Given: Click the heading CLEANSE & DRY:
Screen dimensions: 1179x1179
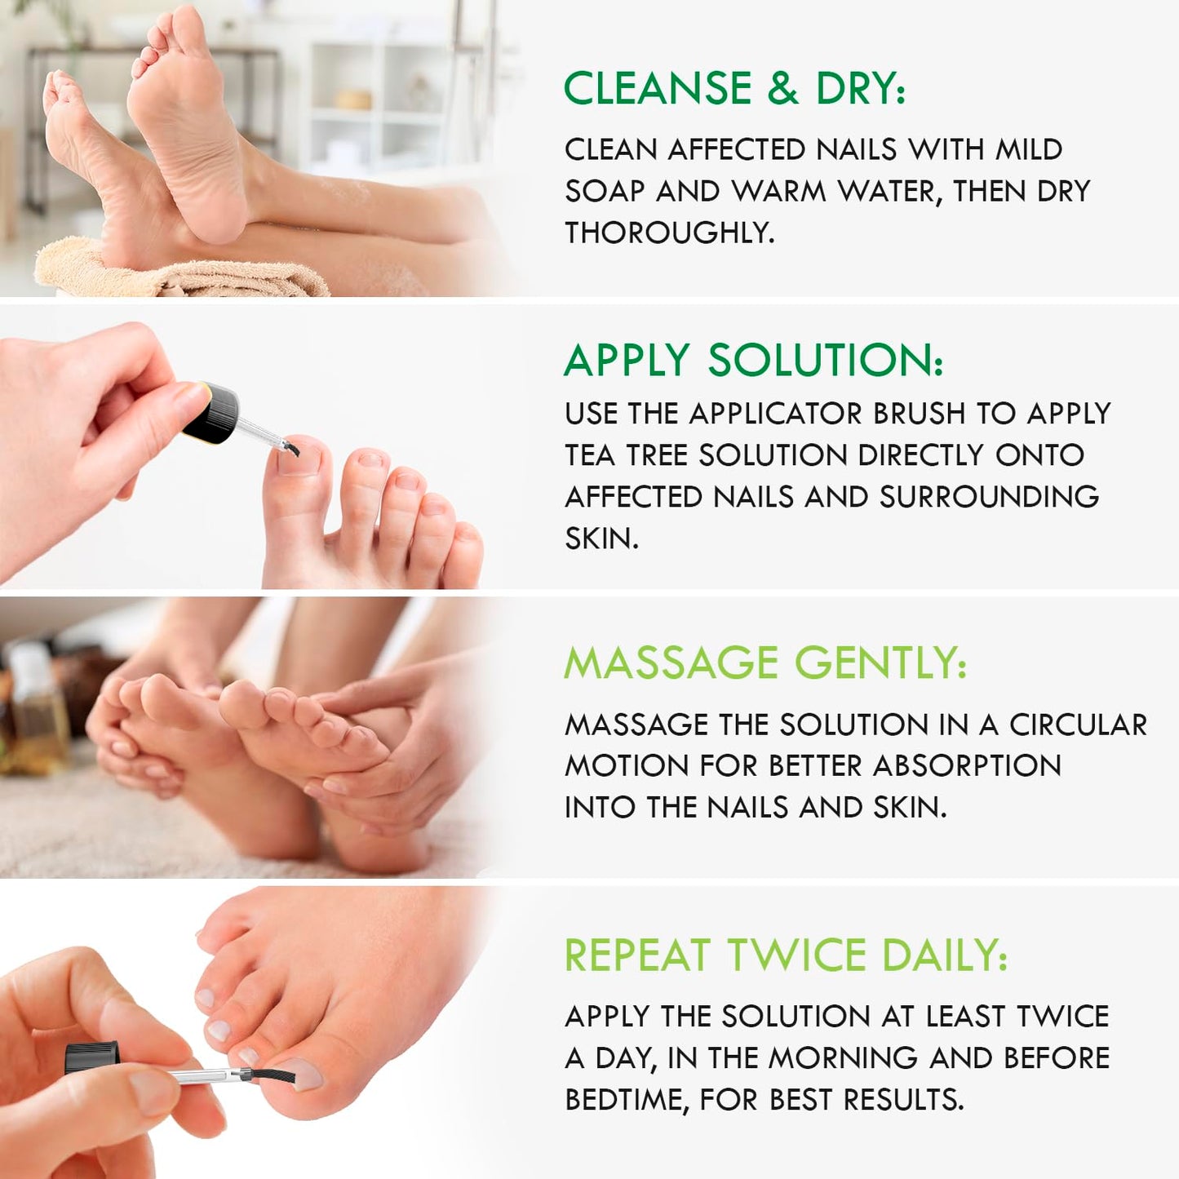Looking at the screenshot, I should coord(734,88).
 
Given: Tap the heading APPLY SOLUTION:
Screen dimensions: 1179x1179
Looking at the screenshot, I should coord(753,360).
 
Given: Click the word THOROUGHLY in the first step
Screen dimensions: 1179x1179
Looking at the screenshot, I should coord(668,233).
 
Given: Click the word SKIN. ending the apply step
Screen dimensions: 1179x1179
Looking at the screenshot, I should coord(601,539).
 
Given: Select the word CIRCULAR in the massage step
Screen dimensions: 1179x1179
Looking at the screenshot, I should coord(1078,725).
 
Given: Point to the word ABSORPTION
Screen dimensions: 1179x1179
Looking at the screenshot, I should coord(967,766).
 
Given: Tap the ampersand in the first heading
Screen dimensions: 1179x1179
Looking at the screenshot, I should coord(782,88).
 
